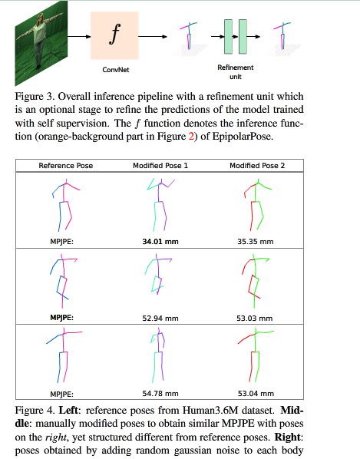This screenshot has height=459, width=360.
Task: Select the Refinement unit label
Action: pos(235,72)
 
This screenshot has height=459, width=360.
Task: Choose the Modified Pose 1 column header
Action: pos(160,166)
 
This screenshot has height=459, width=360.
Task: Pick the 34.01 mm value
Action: pos(160,242)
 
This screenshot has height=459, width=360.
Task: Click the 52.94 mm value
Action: pos(160,317)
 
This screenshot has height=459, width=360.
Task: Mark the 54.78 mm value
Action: pos(160,392)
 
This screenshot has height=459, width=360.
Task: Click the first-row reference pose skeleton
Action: pos(66,204)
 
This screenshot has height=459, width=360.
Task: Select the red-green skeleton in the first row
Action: pos(256,204)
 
